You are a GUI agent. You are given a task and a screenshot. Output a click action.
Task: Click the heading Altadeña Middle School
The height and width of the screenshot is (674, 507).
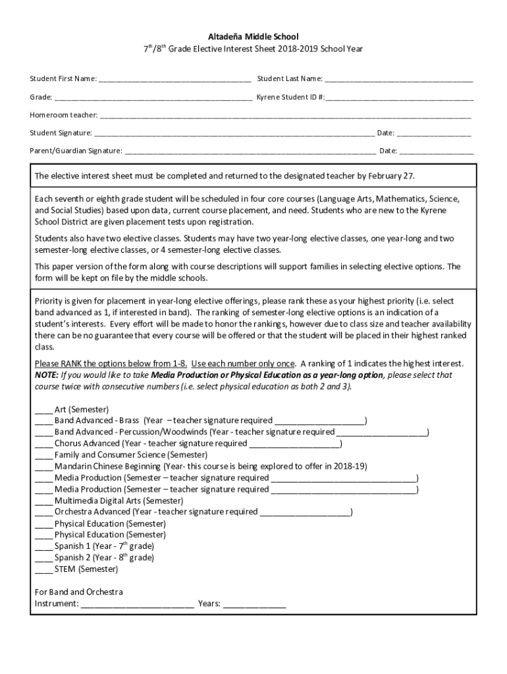[254, 37]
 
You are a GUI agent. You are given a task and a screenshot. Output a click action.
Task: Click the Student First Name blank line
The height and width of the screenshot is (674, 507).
[174, 80]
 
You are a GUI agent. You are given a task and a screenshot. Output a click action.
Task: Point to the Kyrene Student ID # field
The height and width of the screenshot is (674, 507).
[399, 97]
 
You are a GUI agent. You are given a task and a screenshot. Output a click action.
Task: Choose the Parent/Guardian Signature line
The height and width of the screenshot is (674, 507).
[250, 151]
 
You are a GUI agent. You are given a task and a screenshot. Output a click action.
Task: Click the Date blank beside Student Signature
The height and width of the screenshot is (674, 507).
[434, 133]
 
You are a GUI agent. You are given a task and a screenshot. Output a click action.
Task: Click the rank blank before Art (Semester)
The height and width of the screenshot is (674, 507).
[43, 409]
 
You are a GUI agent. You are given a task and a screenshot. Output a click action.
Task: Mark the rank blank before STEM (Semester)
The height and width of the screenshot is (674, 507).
[43, 569]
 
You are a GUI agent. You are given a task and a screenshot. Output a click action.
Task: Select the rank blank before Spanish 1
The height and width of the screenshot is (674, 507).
[43, 546]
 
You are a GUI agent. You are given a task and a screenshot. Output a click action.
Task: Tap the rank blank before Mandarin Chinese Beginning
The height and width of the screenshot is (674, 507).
[43, 467]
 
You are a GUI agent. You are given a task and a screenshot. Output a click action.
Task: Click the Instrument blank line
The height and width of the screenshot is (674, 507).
[138, 604]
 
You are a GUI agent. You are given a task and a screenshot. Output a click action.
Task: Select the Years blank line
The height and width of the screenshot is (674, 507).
[254, 604]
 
